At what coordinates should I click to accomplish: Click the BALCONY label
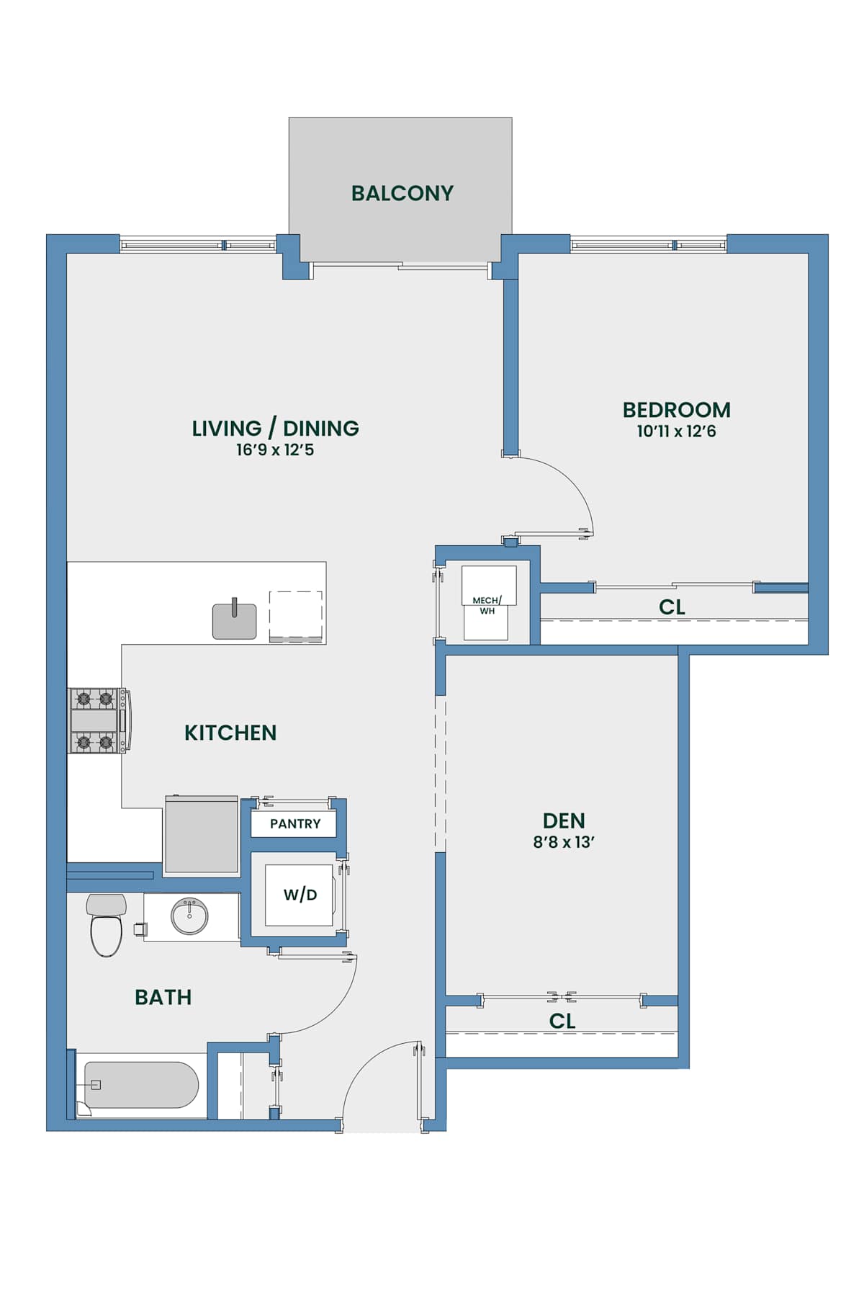point(402,193)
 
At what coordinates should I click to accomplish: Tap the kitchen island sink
point(234,620)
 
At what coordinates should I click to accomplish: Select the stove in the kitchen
point(99,720)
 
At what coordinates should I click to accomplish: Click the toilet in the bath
point(106,925)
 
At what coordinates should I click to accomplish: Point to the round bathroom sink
point(190,916)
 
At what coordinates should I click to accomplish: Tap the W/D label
point(300,895)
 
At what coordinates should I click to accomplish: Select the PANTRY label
point(295,823)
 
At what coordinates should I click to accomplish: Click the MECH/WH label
point(487,605)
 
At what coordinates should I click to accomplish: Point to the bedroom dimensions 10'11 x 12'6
point(676,432)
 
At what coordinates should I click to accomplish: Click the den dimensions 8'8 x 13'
point(564,842)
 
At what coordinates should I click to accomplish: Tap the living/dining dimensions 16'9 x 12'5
point(275,450)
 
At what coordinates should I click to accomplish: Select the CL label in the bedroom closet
point(672,607)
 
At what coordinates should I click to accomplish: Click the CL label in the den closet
point(562,1021)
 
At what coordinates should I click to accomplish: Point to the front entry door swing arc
point(365,1061)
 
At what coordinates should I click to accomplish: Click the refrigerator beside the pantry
point(202,835)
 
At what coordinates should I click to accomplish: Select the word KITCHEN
point(230,733)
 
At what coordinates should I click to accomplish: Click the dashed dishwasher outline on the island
point(296,617)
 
